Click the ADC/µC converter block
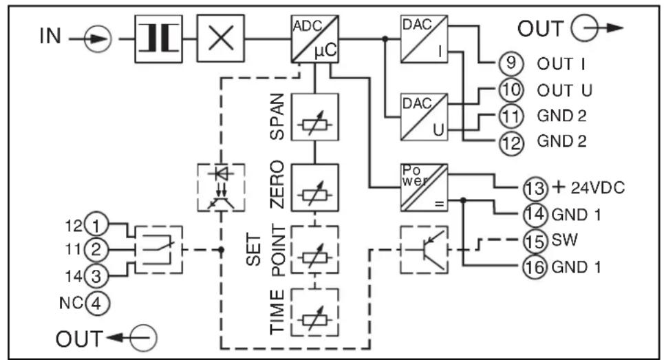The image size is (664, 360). (x=314, y=39)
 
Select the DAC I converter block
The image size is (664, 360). (x=425, y=39)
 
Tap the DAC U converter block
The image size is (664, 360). (x=425, y=116)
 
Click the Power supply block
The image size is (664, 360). (x=425, y=188)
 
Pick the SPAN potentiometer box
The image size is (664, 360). (x=314, y=116)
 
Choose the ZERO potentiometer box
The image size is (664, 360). (x=314, y=188)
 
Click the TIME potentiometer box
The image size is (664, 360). (x=314, y=313)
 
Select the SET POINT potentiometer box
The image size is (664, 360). (x=314, y=250)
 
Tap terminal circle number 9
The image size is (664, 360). (x=511, y=63)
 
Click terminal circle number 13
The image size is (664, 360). (x=535, y=188)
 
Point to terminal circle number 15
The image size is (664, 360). (x=535, y=241)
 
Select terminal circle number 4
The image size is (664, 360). (x=97, y=303)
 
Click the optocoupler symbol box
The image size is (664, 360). (x=221, y=188)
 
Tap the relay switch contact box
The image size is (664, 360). (x=159, y=250)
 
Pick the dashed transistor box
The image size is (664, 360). (x=425, y=250)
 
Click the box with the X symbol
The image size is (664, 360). (x=221, y=39)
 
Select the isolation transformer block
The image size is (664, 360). (x=158, y=39)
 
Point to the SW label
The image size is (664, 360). (x=564, y=240)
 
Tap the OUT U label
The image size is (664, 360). (x=564, y=90)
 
